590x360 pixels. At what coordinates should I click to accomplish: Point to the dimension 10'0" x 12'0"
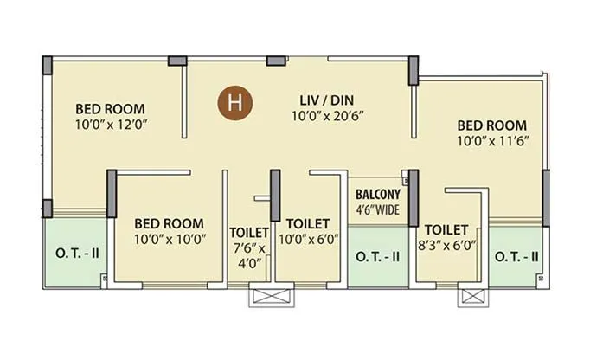click(x=111, y=125)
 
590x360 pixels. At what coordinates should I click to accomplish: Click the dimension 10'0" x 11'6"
click(x=492, y=141)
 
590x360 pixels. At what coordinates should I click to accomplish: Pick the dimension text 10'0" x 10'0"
click(x=169, y=239)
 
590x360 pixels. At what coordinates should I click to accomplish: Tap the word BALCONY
click(x=377, y=195)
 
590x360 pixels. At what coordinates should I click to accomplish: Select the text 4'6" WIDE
click(x=377, y=209)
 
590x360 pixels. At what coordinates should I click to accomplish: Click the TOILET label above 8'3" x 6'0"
click(x=446, y=229)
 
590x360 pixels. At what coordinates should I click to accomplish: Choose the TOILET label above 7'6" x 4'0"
click(x=249, y=233)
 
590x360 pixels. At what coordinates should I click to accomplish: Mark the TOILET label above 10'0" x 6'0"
click(x=307, y=223)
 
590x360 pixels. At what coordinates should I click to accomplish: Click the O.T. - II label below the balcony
click(x=377, y=256)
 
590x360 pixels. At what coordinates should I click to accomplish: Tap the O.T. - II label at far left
click(x=78, y=256)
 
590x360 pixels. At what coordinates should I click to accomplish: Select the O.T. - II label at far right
click(x=516, y=256)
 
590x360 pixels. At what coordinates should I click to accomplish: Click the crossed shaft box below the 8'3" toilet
click(x=473, y=296)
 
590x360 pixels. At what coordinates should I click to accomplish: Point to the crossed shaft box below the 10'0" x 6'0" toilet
click(x=271, y=296)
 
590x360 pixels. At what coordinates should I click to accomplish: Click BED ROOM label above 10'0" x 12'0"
click(x=110, y=109)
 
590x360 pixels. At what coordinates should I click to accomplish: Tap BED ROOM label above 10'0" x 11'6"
click(x=492, y=125)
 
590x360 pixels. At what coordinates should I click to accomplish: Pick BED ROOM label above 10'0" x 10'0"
click(x=169, y=223)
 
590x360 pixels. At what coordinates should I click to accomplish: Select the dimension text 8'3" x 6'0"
click(x=446, y=245)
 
